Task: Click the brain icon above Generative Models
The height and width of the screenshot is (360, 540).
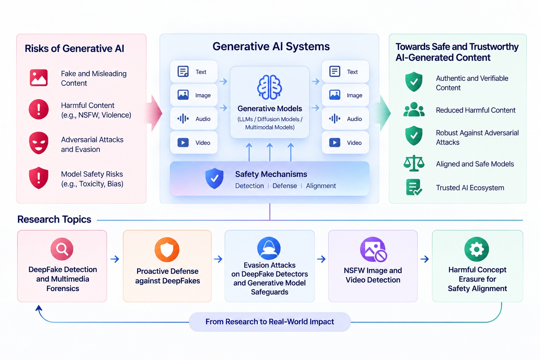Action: click(270, 87)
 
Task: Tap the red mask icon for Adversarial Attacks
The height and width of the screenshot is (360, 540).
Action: click(39, 143)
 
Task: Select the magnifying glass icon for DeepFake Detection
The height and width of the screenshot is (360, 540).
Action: click(62, 249)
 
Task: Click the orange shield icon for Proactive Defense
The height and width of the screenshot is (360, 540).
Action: click(167, 249)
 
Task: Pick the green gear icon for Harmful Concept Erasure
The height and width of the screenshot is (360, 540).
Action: click(477, 249)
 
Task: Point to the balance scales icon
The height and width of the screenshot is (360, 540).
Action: click(414, 163)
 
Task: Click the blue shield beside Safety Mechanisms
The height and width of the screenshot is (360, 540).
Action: click(214, 178)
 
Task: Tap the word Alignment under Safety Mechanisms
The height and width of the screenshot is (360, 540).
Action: click(321, 186)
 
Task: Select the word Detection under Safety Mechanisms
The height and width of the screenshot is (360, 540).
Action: click(250, 186)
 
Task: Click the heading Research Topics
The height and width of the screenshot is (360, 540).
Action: click(54, 219)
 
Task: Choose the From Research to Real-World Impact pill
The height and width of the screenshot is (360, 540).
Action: click(270, 322)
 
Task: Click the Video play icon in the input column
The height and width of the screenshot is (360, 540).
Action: click(183, 142)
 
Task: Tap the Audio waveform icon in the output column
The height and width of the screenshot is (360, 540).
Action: click(335, 118)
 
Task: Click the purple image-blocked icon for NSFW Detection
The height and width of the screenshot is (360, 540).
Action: click(373, 249)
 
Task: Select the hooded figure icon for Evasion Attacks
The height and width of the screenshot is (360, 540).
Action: click(269, 248)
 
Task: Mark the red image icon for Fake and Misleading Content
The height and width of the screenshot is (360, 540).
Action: click(39, 78)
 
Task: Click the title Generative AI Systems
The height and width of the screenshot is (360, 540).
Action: click(271, 46)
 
